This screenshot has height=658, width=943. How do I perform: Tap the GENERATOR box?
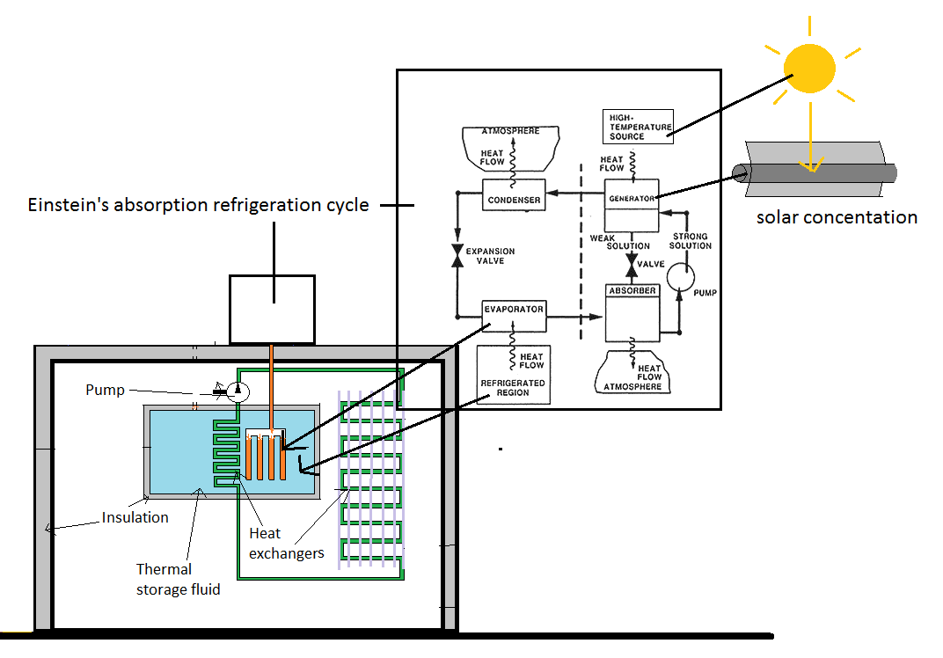632,198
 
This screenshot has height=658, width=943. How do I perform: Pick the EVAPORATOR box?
514,310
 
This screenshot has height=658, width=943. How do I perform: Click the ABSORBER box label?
632,290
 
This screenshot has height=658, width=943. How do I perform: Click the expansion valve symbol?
457,255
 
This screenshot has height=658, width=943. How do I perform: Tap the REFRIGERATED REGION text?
513,387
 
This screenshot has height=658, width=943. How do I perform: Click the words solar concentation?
837,217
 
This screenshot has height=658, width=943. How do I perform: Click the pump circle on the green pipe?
238,391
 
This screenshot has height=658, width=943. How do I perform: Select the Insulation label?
135,517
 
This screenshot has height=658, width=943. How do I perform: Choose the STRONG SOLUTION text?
691,241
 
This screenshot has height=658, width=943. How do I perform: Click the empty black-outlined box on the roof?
272,309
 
